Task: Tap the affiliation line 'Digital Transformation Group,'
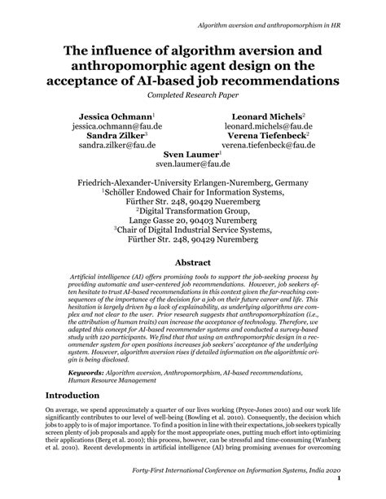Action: click(193, 208)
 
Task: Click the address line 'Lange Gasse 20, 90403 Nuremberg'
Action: click(193, 219)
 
